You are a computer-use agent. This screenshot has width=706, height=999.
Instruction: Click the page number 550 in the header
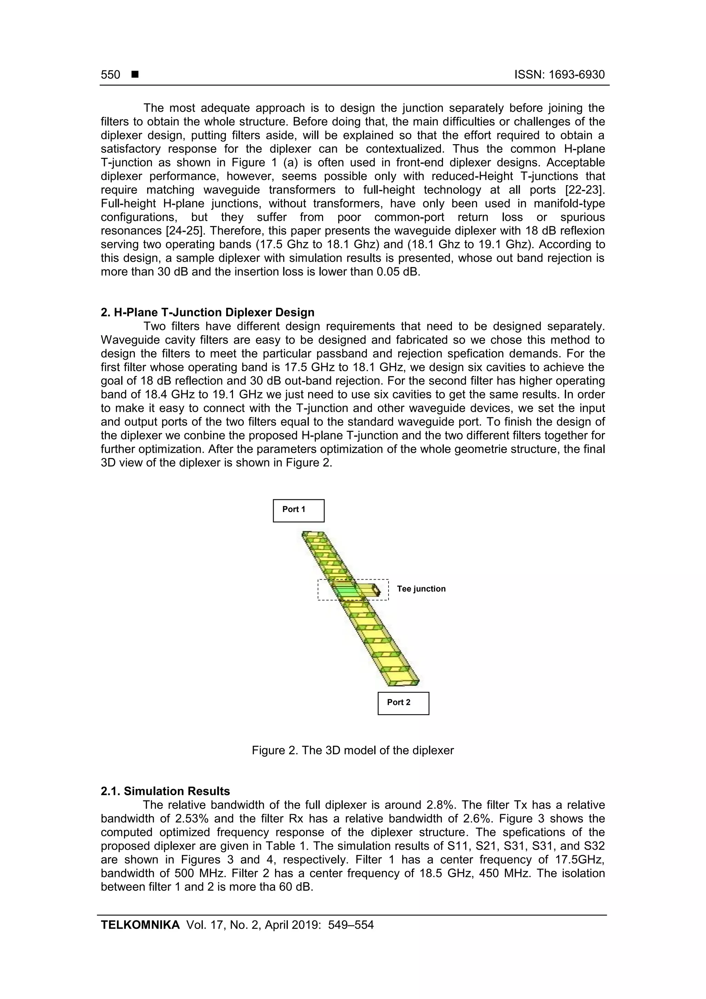click(111, 75)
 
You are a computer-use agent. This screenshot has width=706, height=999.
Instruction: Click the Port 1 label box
click(299, 510)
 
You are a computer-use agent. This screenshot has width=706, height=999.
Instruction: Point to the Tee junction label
click(421, 589)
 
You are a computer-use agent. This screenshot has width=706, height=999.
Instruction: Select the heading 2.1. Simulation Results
click(165, 791)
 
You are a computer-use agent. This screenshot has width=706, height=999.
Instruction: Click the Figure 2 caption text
click(352, 750)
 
